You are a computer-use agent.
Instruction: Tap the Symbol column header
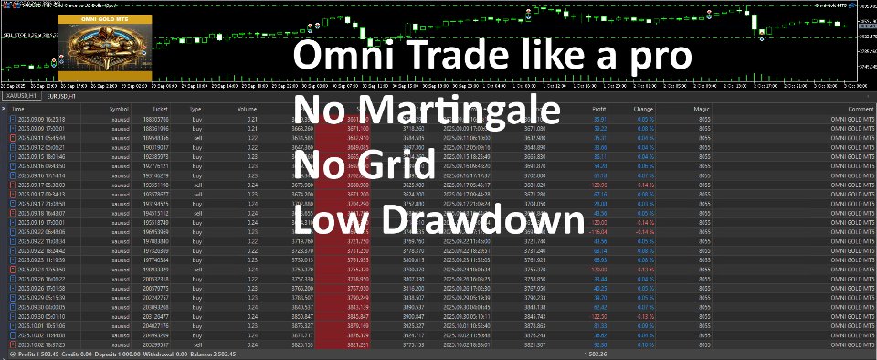tap(119, 109)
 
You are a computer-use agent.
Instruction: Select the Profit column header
tap(597, 109)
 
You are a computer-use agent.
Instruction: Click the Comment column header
tap(856, 109)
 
